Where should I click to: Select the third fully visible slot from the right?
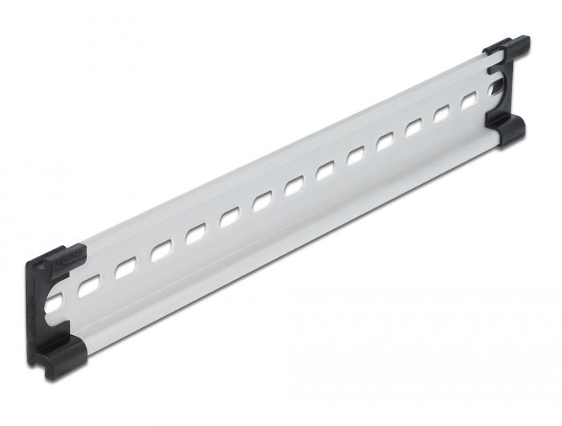pyautogui.click(x=415, y=128)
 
